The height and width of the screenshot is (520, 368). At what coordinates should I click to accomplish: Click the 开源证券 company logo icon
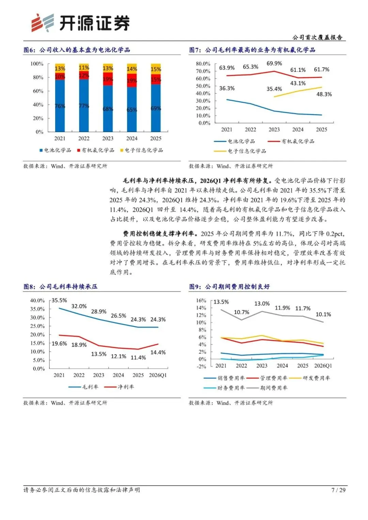click(43, 23)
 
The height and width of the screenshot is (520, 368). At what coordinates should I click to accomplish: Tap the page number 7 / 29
click(338, 490)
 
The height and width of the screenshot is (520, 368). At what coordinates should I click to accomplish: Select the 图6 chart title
click(77, 50)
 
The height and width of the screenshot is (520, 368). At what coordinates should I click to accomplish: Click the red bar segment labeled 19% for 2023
click(108, 79)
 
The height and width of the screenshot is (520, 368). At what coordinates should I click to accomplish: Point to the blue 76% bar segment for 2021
click(60, 106)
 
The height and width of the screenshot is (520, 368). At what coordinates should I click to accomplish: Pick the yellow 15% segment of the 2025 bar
click(156, 69)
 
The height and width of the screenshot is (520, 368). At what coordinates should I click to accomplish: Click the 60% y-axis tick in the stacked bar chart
click(38, 91)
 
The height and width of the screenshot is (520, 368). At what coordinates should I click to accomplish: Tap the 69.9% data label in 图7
click(274, 63)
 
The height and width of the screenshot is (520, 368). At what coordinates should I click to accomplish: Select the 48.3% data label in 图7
click(324, 94)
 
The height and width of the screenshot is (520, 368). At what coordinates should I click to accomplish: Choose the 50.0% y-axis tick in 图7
click(203, 86)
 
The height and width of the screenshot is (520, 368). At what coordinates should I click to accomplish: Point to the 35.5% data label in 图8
click(59, 300)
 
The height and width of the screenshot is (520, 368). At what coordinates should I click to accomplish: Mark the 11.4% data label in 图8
click(138, 358)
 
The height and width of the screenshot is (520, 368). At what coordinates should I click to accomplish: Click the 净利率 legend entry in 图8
click(119, 387)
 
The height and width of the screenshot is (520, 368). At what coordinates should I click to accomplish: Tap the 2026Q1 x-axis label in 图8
click(158, 375)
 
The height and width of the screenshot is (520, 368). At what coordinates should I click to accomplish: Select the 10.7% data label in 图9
click(241, 312)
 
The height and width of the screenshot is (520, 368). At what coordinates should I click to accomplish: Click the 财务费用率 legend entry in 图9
click(224, 388)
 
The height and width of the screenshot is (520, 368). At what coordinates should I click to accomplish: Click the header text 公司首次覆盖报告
click(317, 37)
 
